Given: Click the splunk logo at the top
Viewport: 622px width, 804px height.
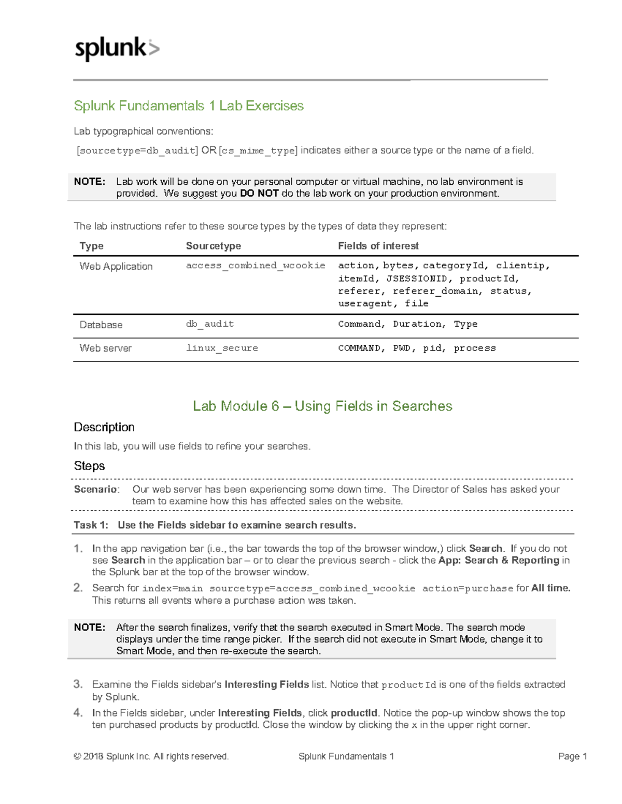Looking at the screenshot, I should click(117, 49).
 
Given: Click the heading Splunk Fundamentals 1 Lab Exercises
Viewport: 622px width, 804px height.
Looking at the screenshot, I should click(189, 106).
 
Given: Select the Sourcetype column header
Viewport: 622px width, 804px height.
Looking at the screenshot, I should click(213, 246).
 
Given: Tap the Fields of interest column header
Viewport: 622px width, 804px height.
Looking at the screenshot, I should click(378, 246).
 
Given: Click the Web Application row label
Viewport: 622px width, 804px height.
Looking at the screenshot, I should click(116, 267).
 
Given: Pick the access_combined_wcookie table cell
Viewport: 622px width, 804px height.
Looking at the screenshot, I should click(256, 266).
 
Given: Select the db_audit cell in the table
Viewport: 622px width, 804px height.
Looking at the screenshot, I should click(210, 324).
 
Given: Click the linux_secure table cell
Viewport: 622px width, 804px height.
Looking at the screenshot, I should click(222, 348).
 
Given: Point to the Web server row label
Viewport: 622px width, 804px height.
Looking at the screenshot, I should click(105, 348).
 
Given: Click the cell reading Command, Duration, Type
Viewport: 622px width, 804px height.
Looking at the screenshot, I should click(407, 324).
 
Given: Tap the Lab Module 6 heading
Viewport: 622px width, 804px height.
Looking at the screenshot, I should click(322, 406).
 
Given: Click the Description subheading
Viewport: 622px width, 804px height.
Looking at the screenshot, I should click(104, 427).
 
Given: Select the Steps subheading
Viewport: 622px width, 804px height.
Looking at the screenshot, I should click(89, 466).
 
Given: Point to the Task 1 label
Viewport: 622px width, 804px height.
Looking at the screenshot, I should click(91, 525).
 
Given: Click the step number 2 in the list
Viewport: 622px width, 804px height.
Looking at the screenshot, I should click(78, 588).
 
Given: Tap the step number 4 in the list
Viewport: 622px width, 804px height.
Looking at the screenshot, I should click(78, 713).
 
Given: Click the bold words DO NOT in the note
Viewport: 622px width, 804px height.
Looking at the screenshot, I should click(259, 194).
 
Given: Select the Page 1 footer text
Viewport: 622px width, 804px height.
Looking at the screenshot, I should click(572, 756).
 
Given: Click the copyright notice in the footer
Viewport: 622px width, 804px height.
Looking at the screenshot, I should click(151, 756).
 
